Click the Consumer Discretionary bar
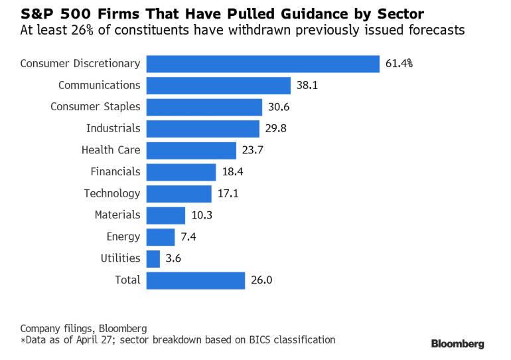point(263,64)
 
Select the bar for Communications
point(218,86)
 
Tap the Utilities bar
point(153,258)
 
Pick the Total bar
point(196,280)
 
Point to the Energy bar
point(161,236)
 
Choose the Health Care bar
point(191,150)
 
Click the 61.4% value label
point(398,64)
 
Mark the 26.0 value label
point(261,280)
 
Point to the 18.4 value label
point(232,172)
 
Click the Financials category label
point(115,172)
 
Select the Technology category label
point(112,193)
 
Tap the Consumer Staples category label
point(96,107)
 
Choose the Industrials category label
point(113,129)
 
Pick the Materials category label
point(117,215)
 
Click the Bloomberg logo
point(458,344)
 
